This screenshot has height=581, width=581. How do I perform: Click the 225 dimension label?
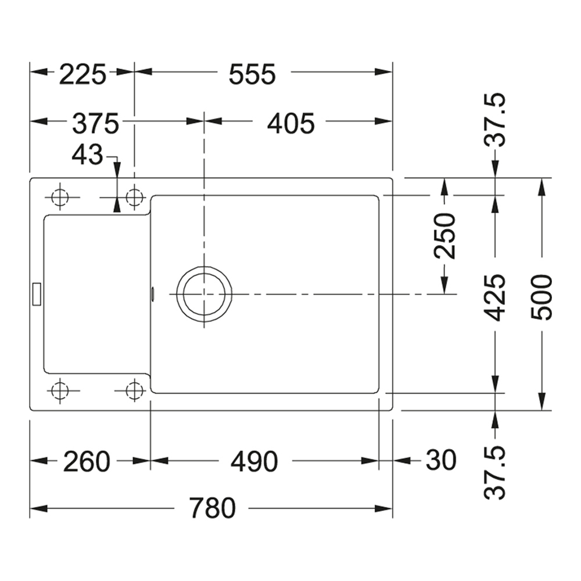click(x=83, y=74)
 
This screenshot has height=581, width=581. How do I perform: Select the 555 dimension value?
click(x=252, y=74)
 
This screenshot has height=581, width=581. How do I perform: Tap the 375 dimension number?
click(x=95, y=123)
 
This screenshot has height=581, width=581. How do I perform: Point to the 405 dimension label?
click(x=290, y=123)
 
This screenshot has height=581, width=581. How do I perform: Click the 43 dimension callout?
click(x=87, y=155)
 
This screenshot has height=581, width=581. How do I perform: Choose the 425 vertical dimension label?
click(x=496, y=297)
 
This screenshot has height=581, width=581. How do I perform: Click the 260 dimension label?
click(x=87, y=462)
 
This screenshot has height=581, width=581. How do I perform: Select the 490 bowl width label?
click(x=254, y=462)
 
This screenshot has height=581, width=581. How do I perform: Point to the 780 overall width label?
click(x=212, y=509)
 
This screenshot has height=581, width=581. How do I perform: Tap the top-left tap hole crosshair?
click(x=59, y=198)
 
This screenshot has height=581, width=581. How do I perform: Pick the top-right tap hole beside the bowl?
click(x=135, y=198)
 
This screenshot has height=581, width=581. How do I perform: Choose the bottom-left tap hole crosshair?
click(x=59, y=390)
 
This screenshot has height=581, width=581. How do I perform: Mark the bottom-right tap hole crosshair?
click(x=135, y=390)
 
